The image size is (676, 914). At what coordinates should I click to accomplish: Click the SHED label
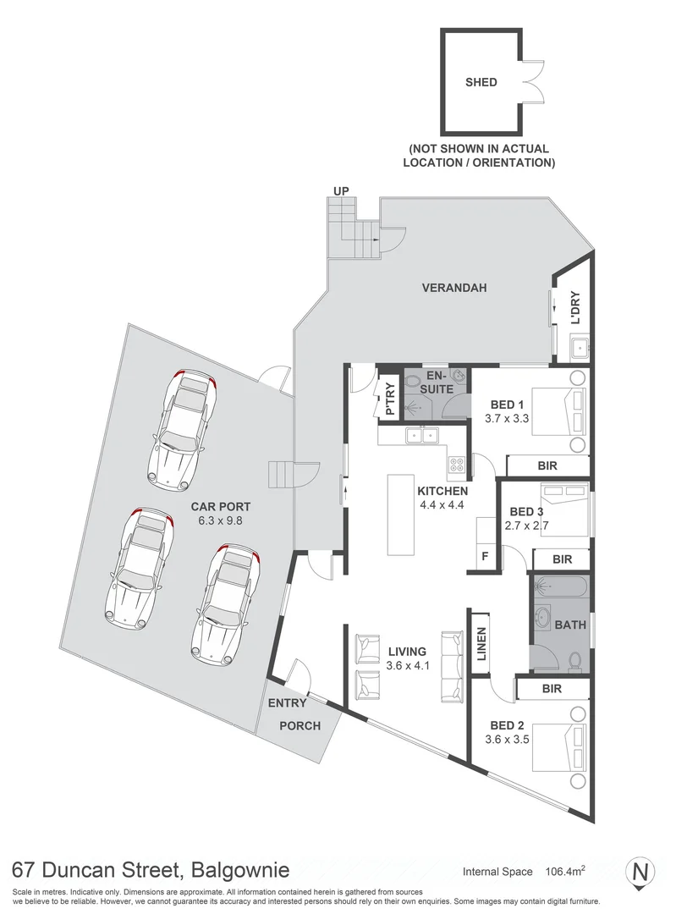(x=481, y=83)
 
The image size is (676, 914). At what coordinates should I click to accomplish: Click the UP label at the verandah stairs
(x=341, y=191)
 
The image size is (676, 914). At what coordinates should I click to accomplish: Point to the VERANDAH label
(x=454, y=289)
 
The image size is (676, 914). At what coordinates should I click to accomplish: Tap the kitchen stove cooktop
(x=456, y=464)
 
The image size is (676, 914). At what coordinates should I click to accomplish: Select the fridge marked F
(x=485, y=557)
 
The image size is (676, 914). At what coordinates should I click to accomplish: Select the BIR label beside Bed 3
(x=562, y=559)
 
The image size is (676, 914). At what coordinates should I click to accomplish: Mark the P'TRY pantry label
(x=389, y=399)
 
